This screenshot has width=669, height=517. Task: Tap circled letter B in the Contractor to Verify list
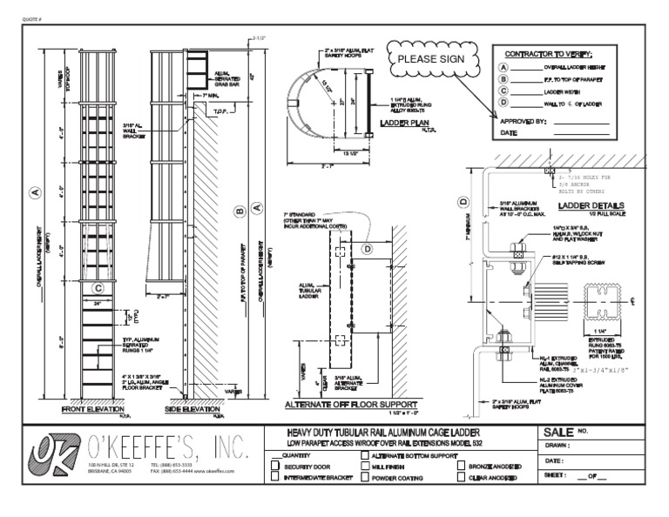(x=503, y=78)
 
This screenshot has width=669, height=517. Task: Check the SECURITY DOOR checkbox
(x=276, y=467)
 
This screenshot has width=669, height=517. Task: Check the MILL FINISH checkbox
(x=366, y=467)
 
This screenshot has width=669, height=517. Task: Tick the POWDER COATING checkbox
(x=366, y=478)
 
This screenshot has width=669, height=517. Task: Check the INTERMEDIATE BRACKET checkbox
(x=276, y=478)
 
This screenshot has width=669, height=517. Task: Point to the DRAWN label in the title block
(x=558, y=446)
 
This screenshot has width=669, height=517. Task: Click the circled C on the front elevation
(x=98, y=287)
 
